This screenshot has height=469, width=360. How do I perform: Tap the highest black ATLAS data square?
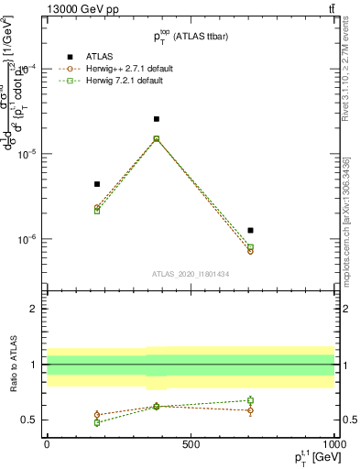(x=157, y=119)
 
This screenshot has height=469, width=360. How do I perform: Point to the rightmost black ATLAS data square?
(x=250, y=230)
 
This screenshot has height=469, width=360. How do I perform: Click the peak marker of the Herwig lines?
(x=157, y=139)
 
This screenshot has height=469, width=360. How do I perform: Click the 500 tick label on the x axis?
(x=191, y=444)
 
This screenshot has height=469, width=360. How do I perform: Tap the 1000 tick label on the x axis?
(x=333, y=444)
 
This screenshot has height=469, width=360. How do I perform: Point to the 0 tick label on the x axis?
(x=47, y=444)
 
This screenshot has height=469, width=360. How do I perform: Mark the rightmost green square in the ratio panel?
(x=250, y=400)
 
